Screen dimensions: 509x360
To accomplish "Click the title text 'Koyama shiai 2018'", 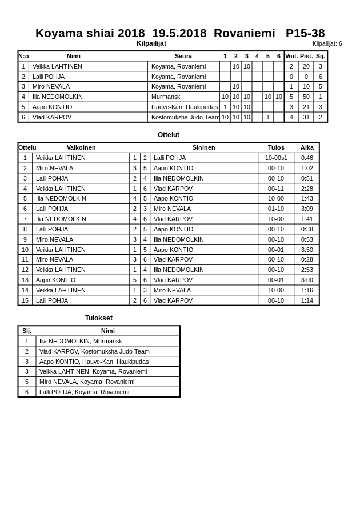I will click(x=90, y=33).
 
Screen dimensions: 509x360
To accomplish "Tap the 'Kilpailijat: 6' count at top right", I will click(x=327, y=43).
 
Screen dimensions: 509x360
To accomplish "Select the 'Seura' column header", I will click(x=183, y=56).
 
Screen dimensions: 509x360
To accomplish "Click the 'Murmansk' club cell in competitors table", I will click(x=166, y=97).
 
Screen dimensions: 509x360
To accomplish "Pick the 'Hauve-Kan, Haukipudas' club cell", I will click(x=184, y=107).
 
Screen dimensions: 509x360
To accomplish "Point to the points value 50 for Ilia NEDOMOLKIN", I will click(x=306, y=97).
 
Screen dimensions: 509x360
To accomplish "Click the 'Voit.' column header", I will click(x=291, y=56).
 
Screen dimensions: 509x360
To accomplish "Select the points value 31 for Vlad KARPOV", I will click(x=306, y=117).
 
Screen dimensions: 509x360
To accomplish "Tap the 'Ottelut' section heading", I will click(x=169, y=135).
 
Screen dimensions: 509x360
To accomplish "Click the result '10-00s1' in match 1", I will click(x=276, y=158).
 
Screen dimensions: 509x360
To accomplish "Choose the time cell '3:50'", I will click(x=307, y=250).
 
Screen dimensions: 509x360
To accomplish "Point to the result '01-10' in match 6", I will click(x=276, y=209).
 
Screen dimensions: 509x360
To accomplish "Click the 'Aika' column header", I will click(x=307, y=147).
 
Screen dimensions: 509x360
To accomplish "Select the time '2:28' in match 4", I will click(x=307, y=189).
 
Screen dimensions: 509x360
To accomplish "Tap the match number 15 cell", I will click(x=25, y=300).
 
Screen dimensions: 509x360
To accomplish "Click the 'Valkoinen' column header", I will click(x=81, y=147).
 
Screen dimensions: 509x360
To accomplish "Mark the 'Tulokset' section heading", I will click(x=99, y=318).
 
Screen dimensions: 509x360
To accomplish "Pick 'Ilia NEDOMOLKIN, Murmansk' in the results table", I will click(x=81, y=341).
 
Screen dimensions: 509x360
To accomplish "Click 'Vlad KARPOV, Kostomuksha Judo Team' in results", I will click(x=94, y=351).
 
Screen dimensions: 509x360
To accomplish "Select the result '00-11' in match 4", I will click(x=276, y=189).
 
